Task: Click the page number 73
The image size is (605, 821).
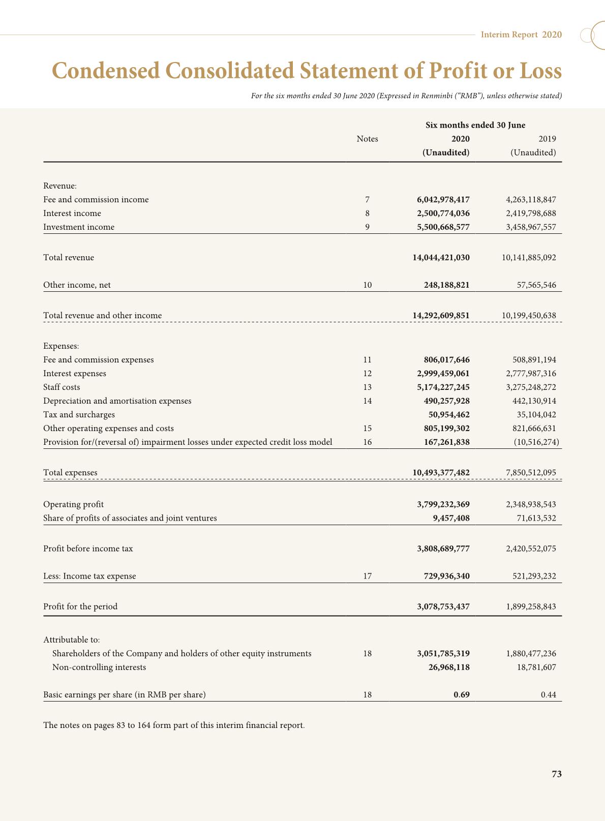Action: coord(556,774)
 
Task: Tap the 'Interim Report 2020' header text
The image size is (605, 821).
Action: coord(521,35)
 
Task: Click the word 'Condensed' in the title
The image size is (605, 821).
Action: coord(105,71)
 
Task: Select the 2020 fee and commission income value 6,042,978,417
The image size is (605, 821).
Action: coord(443,200)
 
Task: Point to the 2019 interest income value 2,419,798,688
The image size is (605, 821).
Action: coord(531,214)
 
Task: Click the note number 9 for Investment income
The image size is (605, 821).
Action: coord(367,227)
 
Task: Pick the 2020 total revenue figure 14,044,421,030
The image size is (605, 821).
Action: coord(441,258)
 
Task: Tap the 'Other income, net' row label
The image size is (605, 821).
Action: coord(77,285)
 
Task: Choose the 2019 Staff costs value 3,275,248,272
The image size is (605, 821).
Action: coord(531,387)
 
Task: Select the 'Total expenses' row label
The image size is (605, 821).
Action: coord(70,473)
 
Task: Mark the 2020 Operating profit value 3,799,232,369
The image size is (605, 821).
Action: coord(443,505)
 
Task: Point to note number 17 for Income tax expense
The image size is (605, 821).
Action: coord(367,576)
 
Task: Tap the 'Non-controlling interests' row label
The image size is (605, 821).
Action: coord(99,667)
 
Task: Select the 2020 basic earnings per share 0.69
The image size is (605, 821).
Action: coord(461,695)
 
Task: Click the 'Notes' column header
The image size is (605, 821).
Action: coord(367,139)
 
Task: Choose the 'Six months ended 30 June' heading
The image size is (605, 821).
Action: coord(475,126)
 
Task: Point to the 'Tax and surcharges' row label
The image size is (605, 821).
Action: coord(79,415)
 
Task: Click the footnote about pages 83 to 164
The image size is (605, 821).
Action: coord(174,725)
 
